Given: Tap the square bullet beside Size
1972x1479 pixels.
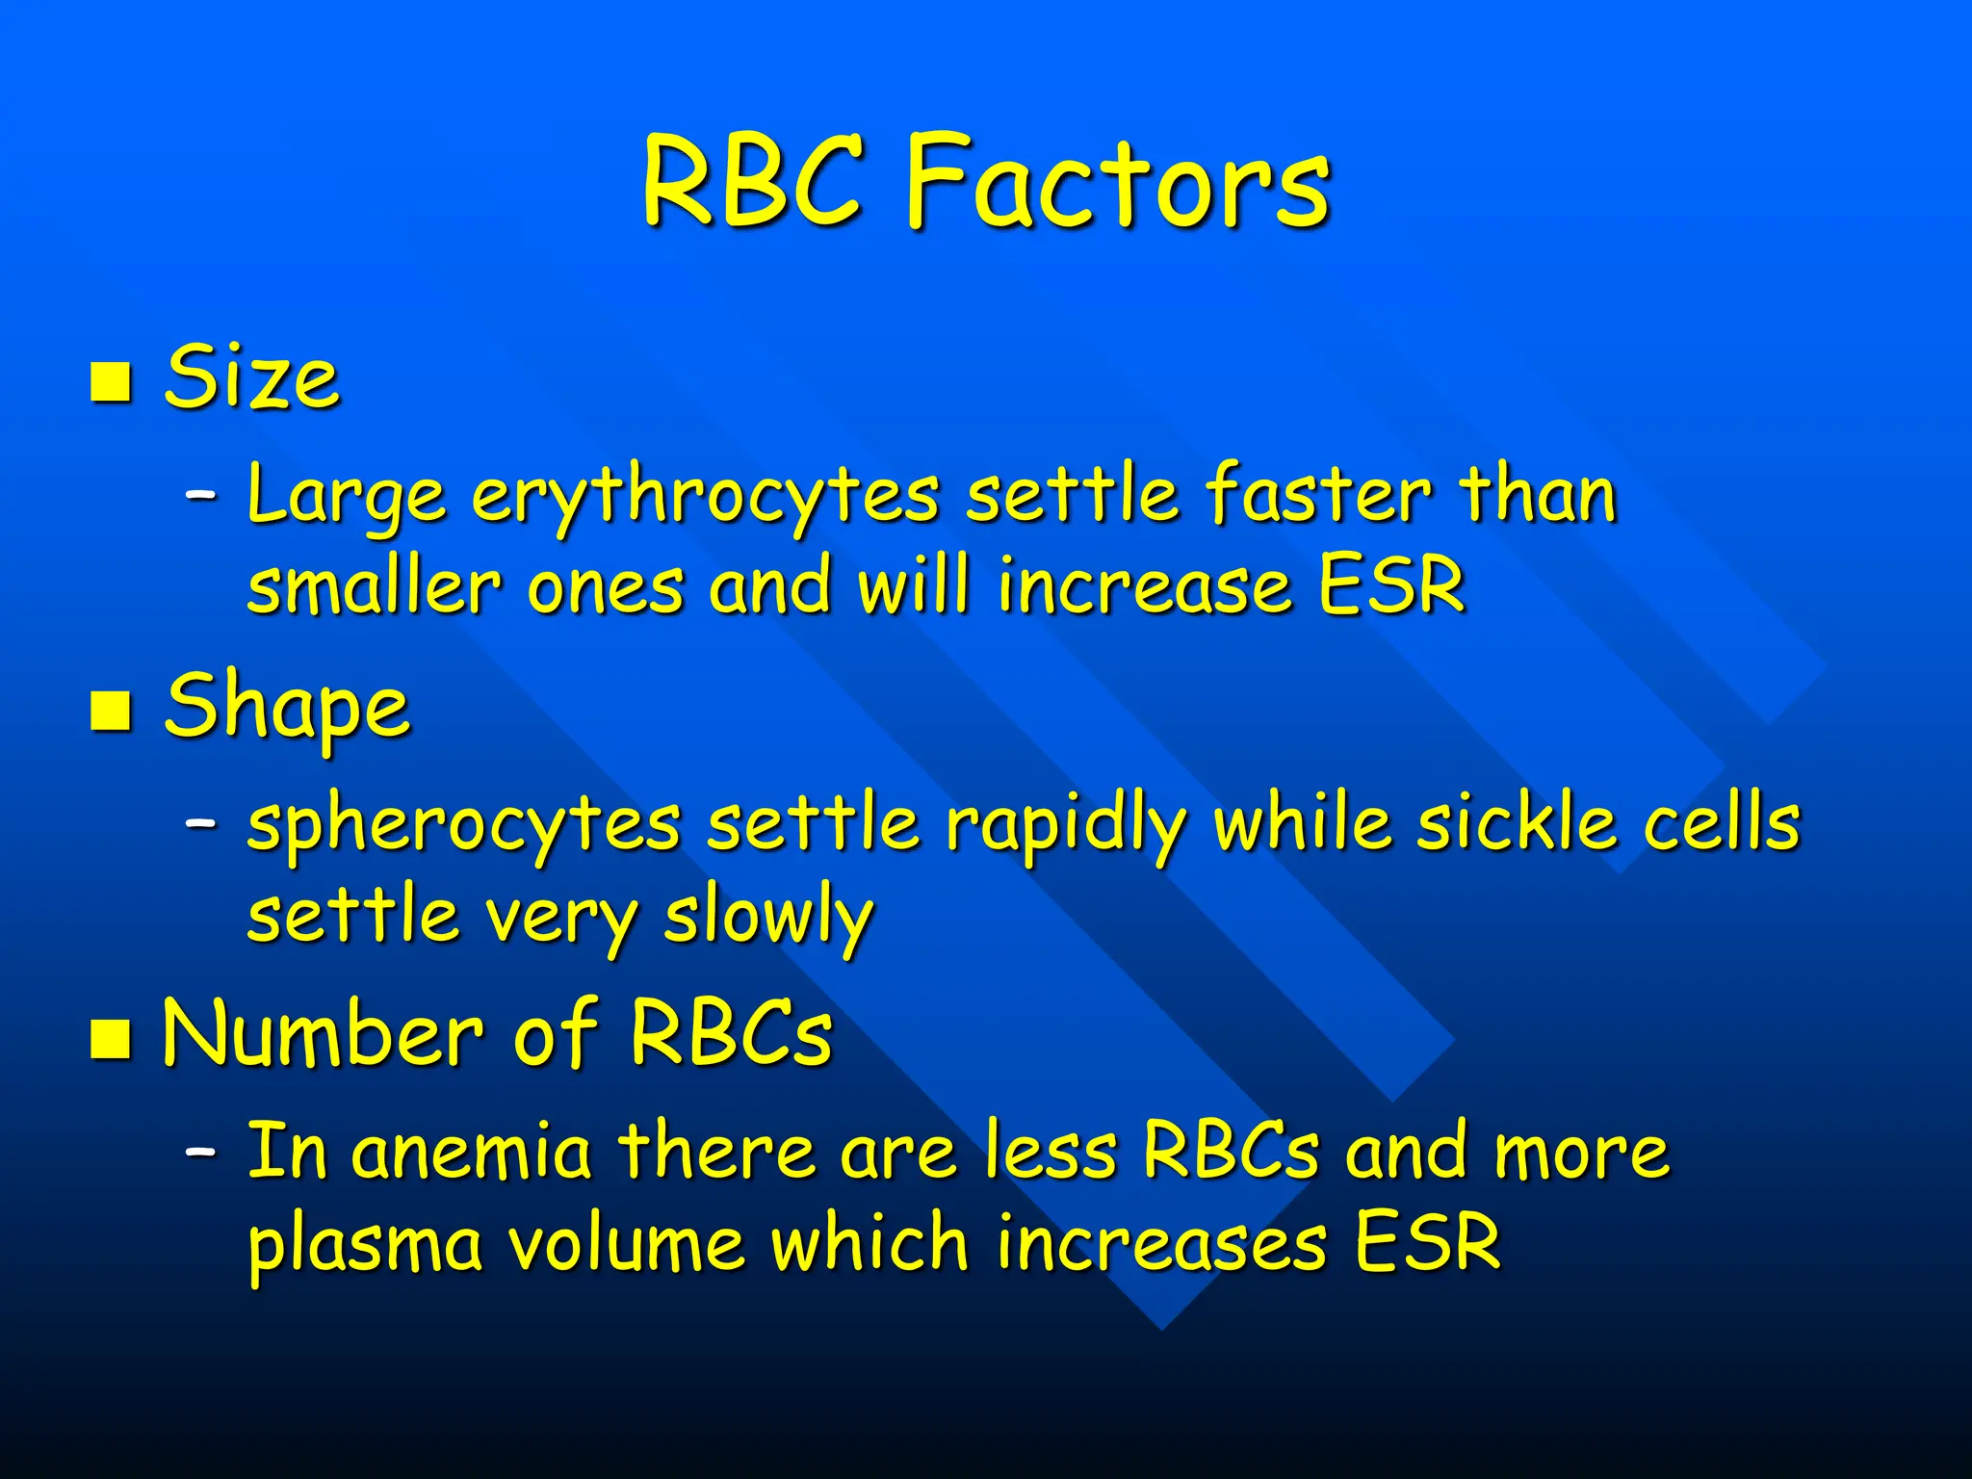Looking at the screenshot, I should [x=111, y=381].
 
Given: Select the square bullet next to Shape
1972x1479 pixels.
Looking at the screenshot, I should [x=111, y=711].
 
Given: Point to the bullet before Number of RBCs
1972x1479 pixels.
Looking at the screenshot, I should [x=111, y=1039].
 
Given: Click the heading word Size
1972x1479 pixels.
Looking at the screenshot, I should [x=252, y=377].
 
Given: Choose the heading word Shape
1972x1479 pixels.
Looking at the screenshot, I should [x=287, y=708].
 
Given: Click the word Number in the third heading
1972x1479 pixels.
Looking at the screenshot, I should [x=323, y=1034].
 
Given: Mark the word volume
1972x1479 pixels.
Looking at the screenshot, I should [x=625, y=1243].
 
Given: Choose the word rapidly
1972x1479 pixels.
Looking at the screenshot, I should [x=1065, y=826].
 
